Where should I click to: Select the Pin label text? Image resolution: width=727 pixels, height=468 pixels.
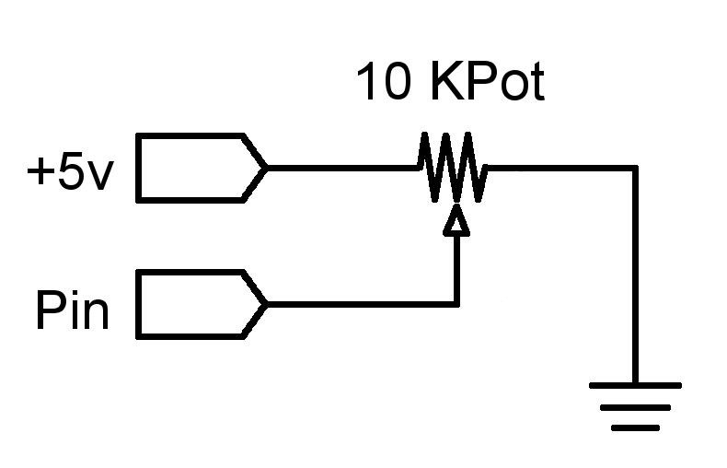point(72,310)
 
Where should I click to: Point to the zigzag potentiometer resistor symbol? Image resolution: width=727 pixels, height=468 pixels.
point(452,168)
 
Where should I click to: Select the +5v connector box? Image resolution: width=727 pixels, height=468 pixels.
point(193,167)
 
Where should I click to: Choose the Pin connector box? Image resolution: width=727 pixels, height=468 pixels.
point(193,304)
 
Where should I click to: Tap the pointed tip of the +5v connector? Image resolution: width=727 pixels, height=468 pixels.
point(266,168)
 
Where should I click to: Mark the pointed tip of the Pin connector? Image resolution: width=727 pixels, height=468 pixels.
point(266,304)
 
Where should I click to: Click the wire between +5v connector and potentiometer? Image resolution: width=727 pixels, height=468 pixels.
point(340,168)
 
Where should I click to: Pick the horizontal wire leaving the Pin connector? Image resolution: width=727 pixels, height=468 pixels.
point(359,304)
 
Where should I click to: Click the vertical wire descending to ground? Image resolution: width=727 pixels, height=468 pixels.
point(635,276)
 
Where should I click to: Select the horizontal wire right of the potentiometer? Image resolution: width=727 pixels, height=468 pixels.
point(561,168)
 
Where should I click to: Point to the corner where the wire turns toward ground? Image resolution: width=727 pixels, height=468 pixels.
point(635,168)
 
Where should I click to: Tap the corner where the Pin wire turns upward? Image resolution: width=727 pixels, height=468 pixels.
point(456,304)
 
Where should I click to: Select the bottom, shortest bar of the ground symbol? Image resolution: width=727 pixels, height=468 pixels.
point(635,427)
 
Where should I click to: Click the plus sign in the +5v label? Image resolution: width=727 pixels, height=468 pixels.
point(40,173)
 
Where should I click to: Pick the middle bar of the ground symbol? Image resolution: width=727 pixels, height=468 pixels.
point(635,406)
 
